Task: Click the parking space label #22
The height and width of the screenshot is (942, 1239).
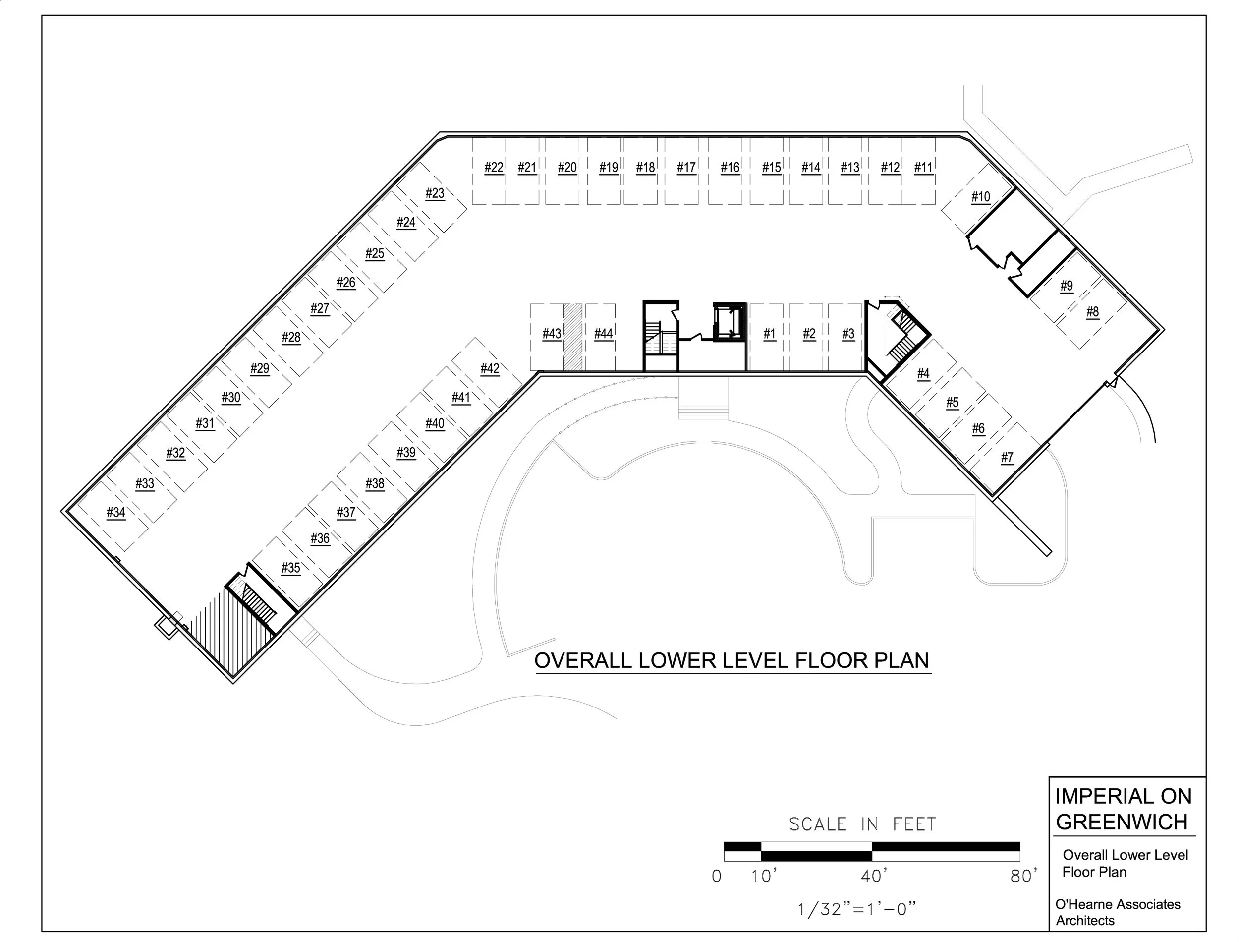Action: pos(494,167)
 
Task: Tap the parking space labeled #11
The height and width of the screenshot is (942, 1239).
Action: pos(923,167)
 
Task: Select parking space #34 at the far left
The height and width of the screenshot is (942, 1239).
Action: pos(116,512)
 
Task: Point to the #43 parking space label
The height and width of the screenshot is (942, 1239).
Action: pos(552,334)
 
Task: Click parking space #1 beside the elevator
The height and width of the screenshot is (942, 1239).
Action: pos(769,334)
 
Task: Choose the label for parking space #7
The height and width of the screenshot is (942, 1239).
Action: pos(1007,457)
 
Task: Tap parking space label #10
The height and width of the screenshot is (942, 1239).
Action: pos(981,197)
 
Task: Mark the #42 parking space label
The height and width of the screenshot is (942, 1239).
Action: pos(490,368)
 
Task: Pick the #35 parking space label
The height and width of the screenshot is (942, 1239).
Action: pos(291,568)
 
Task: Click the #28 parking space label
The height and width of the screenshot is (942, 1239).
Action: pos(291,337)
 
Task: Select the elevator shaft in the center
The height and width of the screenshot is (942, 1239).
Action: pos(729,322)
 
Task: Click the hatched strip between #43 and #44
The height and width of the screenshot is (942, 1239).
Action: pos(572,337)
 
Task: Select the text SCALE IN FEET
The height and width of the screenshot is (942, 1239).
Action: pos(862,824)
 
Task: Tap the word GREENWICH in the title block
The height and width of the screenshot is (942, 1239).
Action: pos(1122,822)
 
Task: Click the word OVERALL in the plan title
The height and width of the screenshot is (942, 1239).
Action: pos(583,660)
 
